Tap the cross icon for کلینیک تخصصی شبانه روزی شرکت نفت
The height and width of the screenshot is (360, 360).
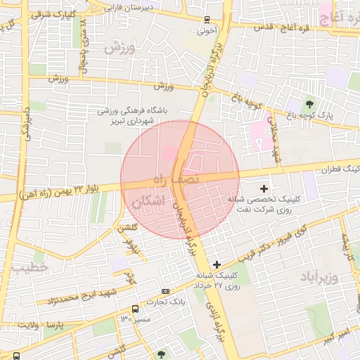(264, 188)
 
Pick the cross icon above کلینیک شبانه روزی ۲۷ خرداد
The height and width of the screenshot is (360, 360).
(217, 264)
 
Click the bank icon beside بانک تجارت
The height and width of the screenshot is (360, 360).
(165, 291)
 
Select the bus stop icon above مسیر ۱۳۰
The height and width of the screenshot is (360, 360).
(135, 308)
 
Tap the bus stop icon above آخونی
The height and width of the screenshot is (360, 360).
(205, 20)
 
